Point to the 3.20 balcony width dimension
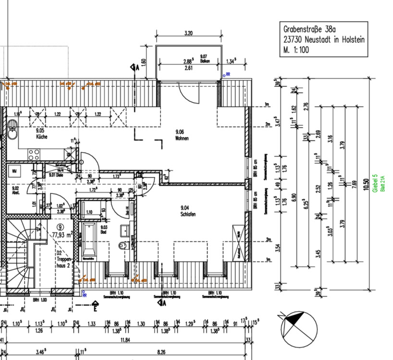188,34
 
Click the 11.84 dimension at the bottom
125,340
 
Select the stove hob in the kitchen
34,155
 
